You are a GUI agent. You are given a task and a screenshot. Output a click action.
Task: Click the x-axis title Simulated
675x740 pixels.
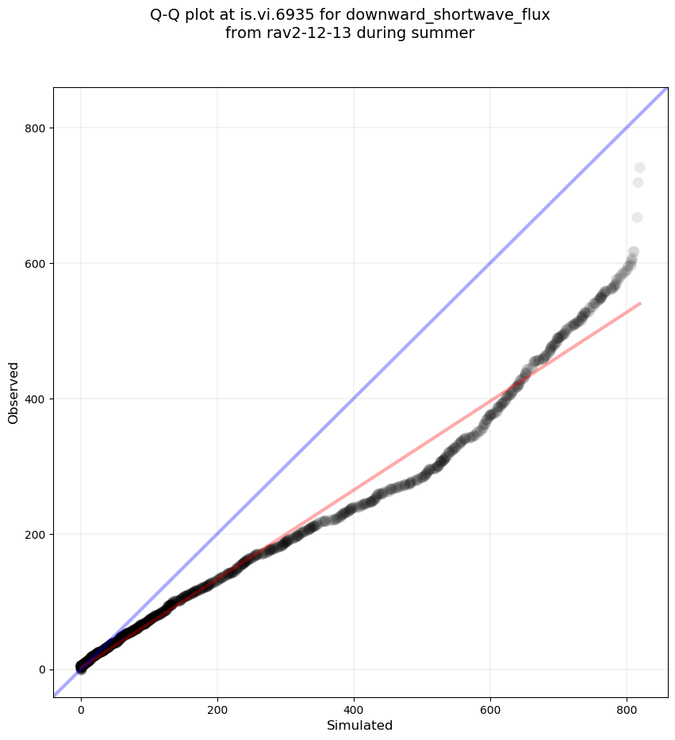point(360,725)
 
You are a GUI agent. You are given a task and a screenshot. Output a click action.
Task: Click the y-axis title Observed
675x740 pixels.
point(13,392)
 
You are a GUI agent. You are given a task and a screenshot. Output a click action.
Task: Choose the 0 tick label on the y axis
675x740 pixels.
point(41,669)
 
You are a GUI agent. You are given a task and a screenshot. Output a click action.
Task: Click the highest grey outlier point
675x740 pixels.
point(639,167)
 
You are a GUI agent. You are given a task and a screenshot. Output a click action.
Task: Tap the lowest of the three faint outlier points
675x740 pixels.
point(637,217)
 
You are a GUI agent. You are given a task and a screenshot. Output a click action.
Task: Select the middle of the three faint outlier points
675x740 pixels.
point(638,183)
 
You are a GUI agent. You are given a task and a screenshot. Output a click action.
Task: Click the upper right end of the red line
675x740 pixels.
point(639,303)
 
